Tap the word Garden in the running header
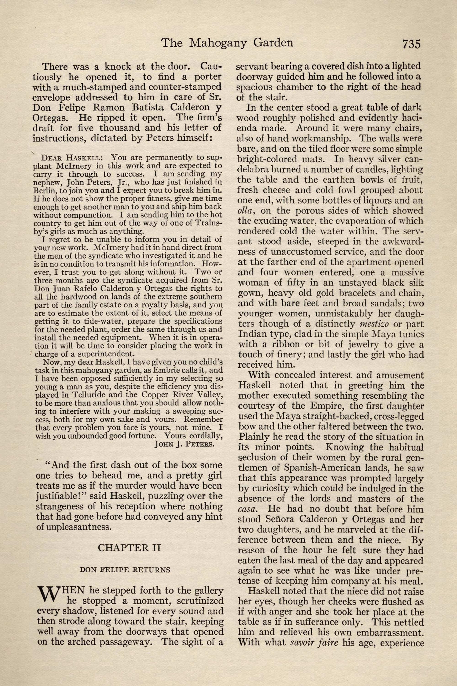[x=273, y=43]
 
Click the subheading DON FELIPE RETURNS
[x=129, y=569]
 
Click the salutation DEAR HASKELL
[x=72, y=158]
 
